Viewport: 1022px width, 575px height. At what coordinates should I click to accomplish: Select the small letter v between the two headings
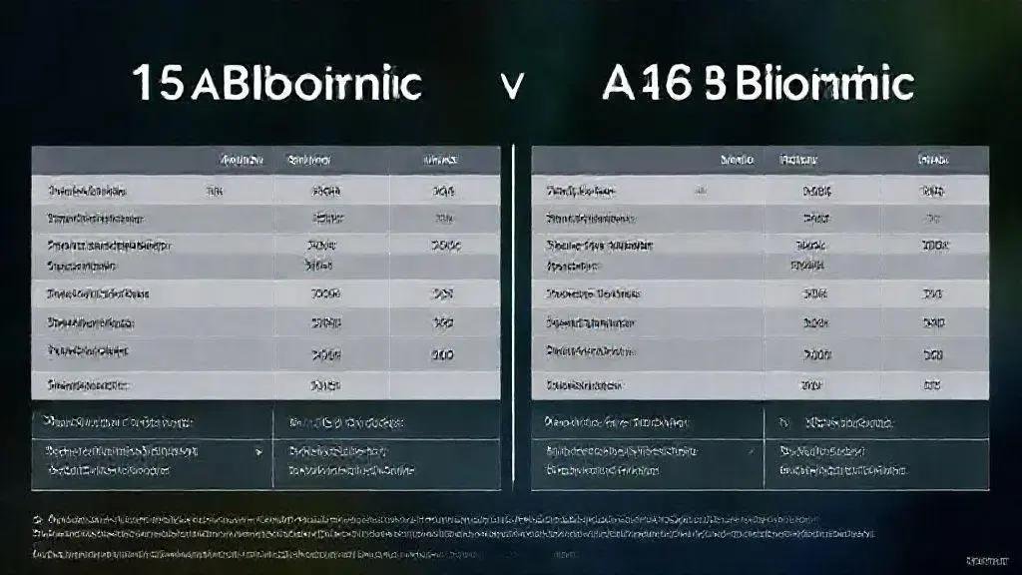pos(512,87)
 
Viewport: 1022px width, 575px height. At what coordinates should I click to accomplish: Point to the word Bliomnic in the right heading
pos(824,85)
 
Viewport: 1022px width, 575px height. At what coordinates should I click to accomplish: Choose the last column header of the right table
pos(933,160)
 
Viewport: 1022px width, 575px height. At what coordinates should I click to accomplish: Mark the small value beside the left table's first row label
pos(214,190)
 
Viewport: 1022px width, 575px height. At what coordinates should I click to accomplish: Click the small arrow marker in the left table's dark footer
pos(259,452)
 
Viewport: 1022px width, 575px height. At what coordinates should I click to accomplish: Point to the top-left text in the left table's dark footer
pos(120,421)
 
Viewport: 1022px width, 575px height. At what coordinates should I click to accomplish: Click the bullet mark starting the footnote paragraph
pos(37,520)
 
